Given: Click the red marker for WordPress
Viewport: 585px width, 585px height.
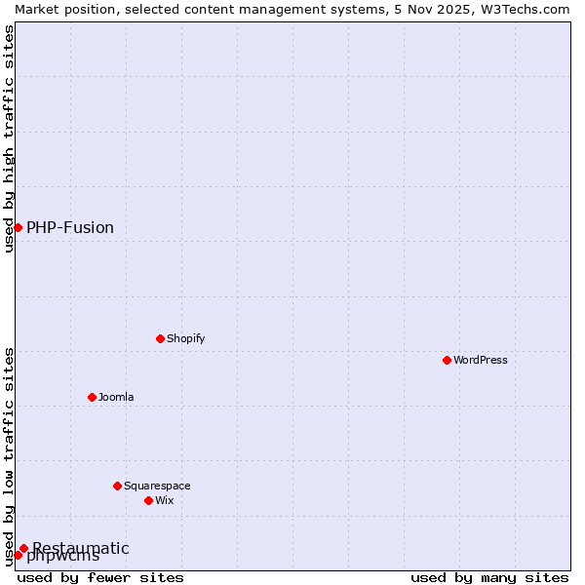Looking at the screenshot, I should [x=448, y=360].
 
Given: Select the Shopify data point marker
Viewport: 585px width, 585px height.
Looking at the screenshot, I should [x=161, y=338].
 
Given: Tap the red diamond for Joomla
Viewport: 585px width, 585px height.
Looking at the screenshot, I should [x=93, y=397].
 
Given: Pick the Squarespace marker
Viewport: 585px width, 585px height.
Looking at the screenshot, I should [x=118, y=486].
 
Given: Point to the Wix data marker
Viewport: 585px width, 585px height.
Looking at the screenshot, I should [x=149, y=500].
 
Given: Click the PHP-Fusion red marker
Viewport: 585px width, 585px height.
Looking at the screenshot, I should [x=18, y=227].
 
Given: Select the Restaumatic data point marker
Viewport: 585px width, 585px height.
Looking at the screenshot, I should [x=24, y=548].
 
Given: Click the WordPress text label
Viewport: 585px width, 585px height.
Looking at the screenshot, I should [x=481, y=360].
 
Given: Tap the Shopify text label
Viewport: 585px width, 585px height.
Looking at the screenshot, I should [x=185, y=338].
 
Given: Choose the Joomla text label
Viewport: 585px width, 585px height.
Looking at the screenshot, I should [x=116, y=397].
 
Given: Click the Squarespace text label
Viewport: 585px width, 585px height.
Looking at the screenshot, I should [x=157, y=486].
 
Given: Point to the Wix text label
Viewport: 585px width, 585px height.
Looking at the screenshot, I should [x=164, y=500].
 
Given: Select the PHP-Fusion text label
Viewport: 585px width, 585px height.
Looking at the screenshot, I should [x=70, y=227].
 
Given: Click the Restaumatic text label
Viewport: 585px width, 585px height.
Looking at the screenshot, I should [x=81, y=548].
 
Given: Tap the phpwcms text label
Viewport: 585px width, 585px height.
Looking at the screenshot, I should [x=63, y=558].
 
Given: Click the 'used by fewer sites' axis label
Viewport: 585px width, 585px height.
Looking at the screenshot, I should [x=101, y=577].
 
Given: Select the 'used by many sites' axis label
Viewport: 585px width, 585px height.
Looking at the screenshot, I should [x=489, y=577].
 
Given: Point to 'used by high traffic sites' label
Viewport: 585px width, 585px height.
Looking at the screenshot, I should [x=9, y=138].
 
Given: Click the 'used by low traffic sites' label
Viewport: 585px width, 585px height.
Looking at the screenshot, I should [x=9, y=456].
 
